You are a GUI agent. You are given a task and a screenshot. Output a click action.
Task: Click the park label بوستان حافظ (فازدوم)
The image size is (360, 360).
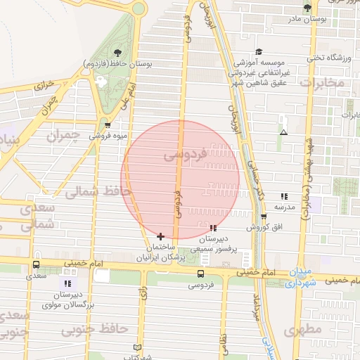pyautogui.click(x=117, y=63)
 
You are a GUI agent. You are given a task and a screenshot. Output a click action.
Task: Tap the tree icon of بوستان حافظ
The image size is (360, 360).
pyautogui.click(x=117, y=53)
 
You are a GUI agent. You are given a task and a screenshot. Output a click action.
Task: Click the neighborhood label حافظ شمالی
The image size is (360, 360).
pyautogui.click(x=98, y=191)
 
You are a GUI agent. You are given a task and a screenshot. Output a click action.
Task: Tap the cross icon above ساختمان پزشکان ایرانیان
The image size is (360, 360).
pyautogui.click(x=161, y=236)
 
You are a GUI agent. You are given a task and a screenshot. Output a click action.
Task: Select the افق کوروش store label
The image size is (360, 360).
pyautogui.click(x=264, y=228)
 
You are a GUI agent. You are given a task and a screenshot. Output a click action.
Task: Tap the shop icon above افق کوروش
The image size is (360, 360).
pyautogui.click(x=264, y=217)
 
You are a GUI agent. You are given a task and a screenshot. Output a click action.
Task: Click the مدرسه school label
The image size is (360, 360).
pyautogui.click(x=284, y=207)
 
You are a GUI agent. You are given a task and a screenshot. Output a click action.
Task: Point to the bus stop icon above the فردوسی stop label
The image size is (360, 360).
pyautogui.click(x=202, y=274)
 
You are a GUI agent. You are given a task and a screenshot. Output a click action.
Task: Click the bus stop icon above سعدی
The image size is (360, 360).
pyautogui.click(x=36, y=265)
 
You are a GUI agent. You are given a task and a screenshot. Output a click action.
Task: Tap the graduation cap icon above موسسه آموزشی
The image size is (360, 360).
pyautogui.click(x=259, y=51)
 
